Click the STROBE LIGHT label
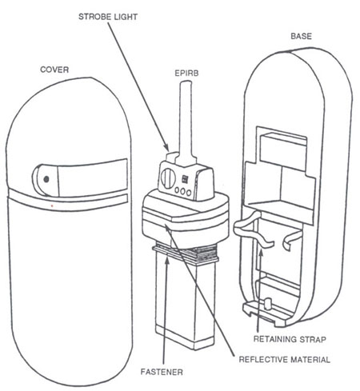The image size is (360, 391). coord(108,17)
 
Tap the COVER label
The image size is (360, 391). coord(54,70)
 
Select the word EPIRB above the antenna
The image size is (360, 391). coord(186,73)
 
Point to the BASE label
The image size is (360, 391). coord(301,36)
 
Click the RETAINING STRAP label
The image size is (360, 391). coord(290,339)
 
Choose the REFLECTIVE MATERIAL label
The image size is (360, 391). coord(284,360)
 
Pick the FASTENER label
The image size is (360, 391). coord(162,372)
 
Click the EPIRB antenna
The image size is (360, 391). coord(186,122)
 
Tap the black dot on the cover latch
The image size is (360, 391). coord(46,179)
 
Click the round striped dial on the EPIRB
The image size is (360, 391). coord(168,178)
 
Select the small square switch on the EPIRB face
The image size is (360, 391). coord(185,178)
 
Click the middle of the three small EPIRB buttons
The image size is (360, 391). coord(183,191)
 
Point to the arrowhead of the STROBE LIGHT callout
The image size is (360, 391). coord(166,148)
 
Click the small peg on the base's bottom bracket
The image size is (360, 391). coord(268,304)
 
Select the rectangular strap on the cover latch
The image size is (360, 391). coord(93,178)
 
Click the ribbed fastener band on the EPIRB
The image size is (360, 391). coord(186,253)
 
